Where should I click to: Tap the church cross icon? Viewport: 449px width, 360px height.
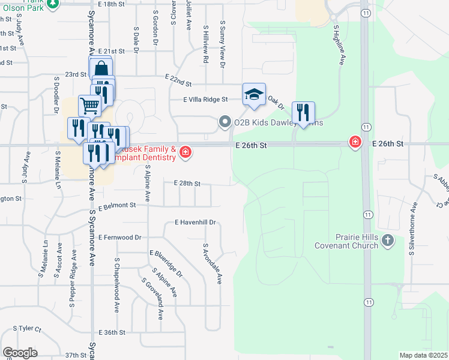coord(388,241)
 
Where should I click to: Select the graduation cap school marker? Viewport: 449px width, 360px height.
coord(254,94)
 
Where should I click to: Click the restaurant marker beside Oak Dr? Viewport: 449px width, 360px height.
coord(303,112)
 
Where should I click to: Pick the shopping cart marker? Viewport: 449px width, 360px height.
coord(89,106)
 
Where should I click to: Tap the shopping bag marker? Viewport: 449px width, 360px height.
coord(101,68)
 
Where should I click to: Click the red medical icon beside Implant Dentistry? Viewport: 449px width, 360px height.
coord(185,152)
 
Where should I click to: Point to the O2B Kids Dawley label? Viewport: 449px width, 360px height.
coord(278,123)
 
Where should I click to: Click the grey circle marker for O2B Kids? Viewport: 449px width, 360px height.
coord(225,123)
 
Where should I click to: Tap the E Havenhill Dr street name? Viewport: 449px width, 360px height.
coord(195,222)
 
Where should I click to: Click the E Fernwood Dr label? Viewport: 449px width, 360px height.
coord(120,238)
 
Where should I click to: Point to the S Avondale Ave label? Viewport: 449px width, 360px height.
coord(212,263)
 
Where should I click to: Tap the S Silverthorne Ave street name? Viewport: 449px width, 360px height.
coord(414,229)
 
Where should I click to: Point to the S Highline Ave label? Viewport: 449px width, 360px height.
coord(339,45)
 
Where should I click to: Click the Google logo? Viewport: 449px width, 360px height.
coord(20,353)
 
